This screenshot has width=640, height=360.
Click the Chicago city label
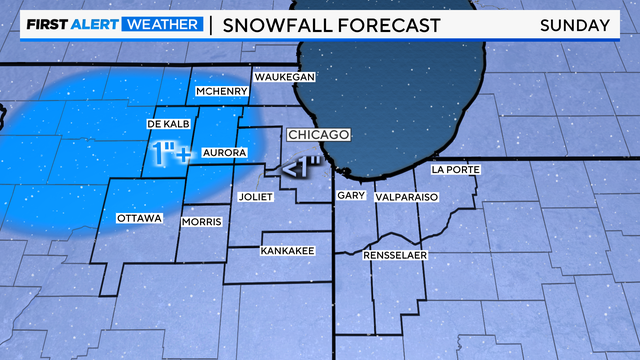pos(318,134)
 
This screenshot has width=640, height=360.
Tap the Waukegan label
pos(284,77)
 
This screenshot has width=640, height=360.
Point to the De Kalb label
pos(167,123)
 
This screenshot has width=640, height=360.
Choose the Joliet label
pos(256,197)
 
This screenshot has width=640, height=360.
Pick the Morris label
pos(200,222)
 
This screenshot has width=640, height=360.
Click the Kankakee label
pos(288,250)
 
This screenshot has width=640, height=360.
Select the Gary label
pos(349,197)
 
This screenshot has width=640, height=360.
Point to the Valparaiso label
pos(407,198)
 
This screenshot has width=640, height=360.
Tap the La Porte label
pos(455,170)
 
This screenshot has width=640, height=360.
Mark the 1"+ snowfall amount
pos(171,154)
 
